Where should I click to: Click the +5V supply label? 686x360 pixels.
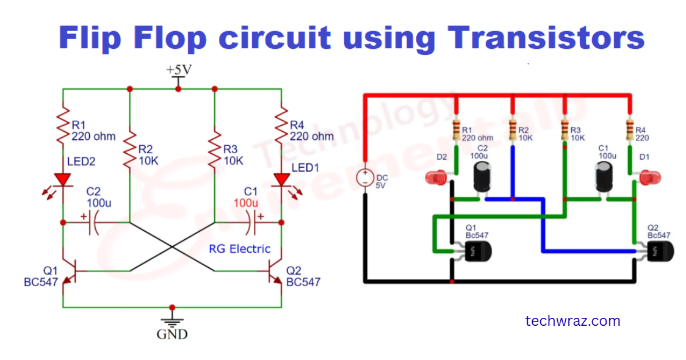click(178, 70)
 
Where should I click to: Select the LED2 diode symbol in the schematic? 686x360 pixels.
click(63, 179)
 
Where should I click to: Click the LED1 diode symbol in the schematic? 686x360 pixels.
click(281, 179)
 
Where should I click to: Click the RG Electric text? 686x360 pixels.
click(239, 249)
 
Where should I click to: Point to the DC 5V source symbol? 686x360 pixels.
click(364, 178)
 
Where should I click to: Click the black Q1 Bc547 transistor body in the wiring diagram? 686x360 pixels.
click(475, 251)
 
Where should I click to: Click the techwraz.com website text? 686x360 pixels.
click(572, 321)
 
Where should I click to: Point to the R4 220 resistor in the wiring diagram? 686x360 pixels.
click(629, 129)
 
